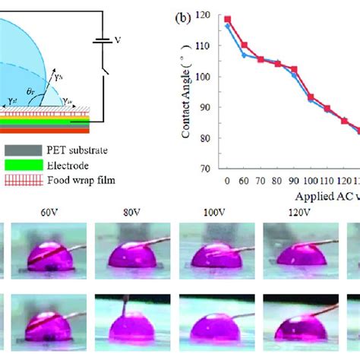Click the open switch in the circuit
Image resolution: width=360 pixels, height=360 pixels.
pyautogui.click(x=104, y=76)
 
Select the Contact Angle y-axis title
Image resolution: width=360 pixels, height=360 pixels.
pyautogui.click(x=187, y=91)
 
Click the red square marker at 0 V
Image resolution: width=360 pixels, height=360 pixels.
pyautogui.click(x=228, y=19)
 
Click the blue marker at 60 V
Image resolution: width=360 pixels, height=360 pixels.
pyautogui.click(x=244, y=55)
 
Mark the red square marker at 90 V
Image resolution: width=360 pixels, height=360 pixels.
pyautogui.click(x=294, y=68)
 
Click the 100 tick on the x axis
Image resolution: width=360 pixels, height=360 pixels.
pyautogui.click(x=310, y=182)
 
